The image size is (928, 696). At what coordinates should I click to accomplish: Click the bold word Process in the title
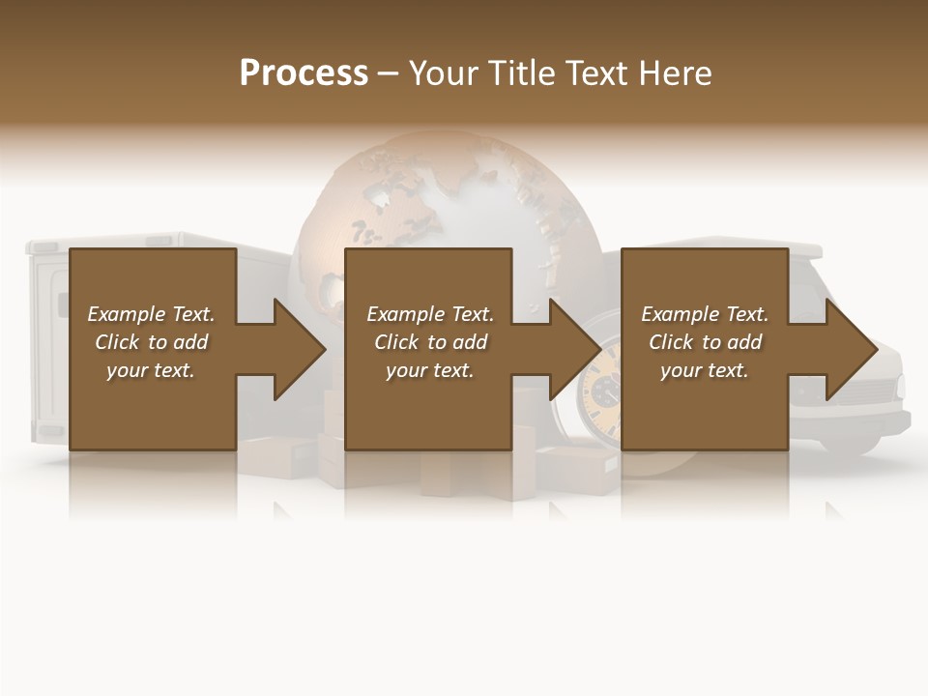click(x=304, y=73)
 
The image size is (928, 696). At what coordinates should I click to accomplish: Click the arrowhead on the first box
click(x=300, y=349)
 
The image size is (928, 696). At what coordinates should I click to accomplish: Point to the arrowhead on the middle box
click(x=575, y=349)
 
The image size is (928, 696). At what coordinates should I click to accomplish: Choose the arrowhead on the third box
click(x=852, y=349)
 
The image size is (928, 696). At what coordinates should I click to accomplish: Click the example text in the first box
click(x=151, y=342)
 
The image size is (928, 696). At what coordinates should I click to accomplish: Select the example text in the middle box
click(x=430, y=342)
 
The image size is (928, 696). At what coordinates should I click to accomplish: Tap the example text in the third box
click(x=705, y=342)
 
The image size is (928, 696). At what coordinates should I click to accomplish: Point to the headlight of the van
click(x=900, y=387)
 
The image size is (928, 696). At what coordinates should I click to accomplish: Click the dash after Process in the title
click(x=389, y=73)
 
